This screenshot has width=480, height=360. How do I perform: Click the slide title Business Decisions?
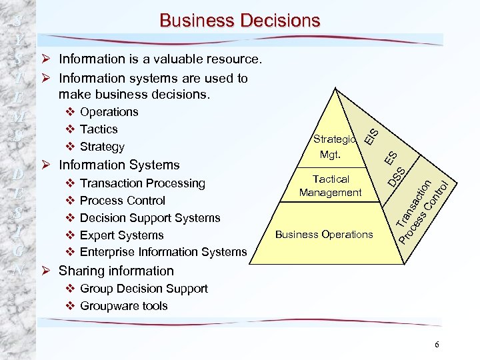(x=239, y=21)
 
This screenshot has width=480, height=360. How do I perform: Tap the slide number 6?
(x=437, y=345)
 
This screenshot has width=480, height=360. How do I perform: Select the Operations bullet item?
(x=109, y=112)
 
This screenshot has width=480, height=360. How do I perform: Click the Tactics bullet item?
(x=99, y=129)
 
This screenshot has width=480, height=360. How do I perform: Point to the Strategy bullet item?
(x=102, y=147)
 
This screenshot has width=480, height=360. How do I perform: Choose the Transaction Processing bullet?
(x=142, y=183)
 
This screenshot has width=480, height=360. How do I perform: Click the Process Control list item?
(x=122, y=201)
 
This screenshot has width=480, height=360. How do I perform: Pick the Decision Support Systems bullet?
(x=149, y=218)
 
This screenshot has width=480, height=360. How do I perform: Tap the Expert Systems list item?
(x=121, y=235)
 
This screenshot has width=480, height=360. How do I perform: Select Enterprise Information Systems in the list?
(x=163, y=252)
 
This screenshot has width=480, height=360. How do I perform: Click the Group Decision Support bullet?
(x=143, y=289)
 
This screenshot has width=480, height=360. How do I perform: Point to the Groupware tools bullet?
(x=123, y=306)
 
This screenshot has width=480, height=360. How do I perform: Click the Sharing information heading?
(x=116, y=271)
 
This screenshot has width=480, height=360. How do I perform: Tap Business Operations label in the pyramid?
(x=324, y=235)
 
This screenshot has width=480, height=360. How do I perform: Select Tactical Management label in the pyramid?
(x=330, y=186)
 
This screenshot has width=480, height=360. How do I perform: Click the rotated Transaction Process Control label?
(x=425, y=209)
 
